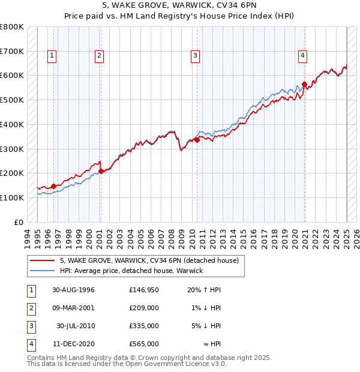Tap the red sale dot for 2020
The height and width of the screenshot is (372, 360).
coord(304,84)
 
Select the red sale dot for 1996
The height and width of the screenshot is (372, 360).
coord(54,186)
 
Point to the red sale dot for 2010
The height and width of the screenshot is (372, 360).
coord(197,140)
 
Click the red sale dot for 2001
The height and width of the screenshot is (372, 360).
coord(101,171)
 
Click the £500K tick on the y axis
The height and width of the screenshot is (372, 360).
coord(12,100)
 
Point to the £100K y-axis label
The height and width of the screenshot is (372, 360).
coord(12,197)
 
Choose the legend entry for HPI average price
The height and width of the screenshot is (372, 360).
coord(131,271)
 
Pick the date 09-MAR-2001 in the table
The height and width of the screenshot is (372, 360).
coord(73,308)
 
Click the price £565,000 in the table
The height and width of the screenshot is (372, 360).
coord(144,344)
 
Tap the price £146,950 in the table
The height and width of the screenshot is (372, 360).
coord(144,290)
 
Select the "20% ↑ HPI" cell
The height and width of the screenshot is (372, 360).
coord(204,290)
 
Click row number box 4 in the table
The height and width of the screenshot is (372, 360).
coord(30,344)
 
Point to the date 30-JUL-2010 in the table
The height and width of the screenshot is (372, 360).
coord(76,326)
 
